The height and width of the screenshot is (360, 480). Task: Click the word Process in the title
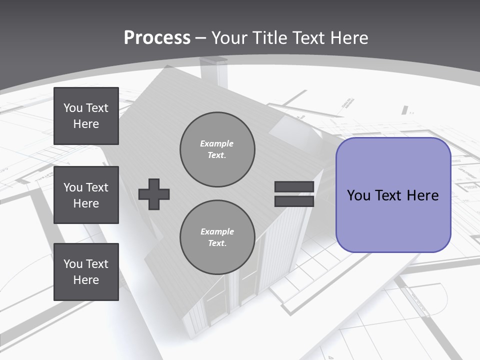[x=157, y=38]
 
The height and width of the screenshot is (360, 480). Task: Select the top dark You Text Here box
[x=86, y=116]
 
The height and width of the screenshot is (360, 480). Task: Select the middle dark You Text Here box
[x=86, y=195]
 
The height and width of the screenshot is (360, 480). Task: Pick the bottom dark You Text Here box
[x=86, y=272]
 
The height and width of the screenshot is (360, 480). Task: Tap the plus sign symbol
[x=154, y=194]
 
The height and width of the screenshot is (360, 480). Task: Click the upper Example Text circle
[x=217, y=149]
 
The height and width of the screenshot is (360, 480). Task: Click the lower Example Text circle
[x=217, y=237]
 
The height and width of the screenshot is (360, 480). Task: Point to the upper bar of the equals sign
[x=294, y=187]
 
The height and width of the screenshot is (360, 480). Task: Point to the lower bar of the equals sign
[x=294, y=201]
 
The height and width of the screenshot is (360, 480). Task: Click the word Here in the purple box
[x=422, y=195]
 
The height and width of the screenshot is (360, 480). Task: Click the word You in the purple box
[x=358, y=195]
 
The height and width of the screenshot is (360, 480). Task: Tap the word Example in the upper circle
[x=217, y=143]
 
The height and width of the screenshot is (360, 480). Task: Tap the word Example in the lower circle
[x=217, y=231]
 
